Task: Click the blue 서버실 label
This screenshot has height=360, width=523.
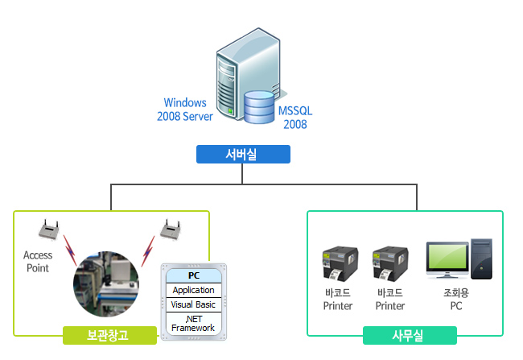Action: [x=242, y=154]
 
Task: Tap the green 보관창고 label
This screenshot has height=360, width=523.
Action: [x=108, y=334]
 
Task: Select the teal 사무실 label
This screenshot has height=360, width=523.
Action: [x=410, y=334]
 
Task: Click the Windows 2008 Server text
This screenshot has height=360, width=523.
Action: [x=185, y=110]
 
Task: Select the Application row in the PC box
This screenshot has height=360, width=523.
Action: [x=193, y=290]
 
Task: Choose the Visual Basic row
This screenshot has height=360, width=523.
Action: [x=193, y=304]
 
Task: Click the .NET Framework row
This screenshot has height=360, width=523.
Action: [x=193, y=323]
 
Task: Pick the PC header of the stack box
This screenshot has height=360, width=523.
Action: [x=193, y=275]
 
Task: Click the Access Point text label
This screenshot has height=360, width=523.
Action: [x=38, y=262]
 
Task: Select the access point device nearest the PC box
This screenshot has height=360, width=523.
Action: [x=170, y=230]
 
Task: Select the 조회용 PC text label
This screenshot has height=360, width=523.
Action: [x=456, y=300]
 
